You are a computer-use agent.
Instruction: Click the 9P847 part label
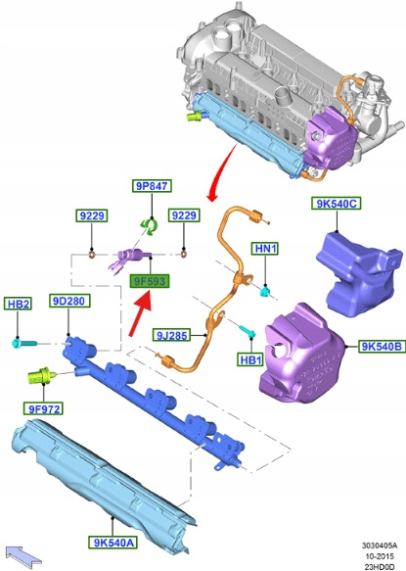pyautogui.click(x=152, y=186)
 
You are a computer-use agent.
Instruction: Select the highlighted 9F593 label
pyautogui.click(x=150, y=281)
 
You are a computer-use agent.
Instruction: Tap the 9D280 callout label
pyautogui.click(x=68, y=301)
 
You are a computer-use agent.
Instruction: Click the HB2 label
pyautogui.click(x=18, y=304)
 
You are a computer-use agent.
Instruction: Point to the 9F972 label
pyautogui.click(x=44, y=409)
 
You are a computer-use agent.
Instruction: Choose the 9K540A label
pyautogui.click(x=113, y=543)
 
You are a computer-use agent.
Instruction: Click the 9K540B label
pyautogui.click(x=381, y=347)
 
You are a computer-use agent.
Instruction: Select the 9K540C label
pyautogui.click(x=337, y=203)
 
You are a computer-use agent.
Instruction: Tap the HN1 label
pyautogui.click(x=265, y=249)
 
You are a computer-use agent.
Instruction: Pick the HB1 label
pyautogui.click(x=250, y=359)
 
